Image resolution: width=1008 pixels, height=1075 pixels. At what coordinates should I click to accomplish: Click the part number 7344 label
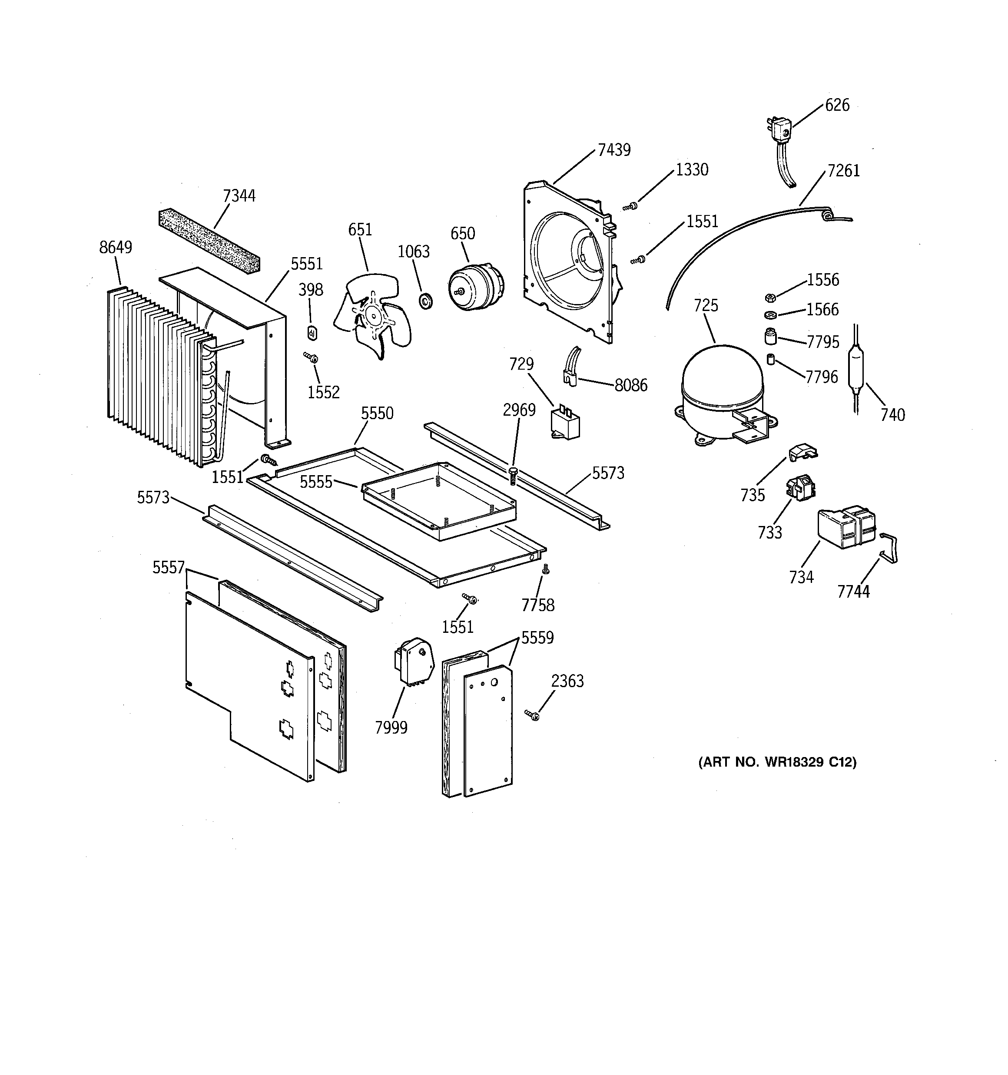[239, 196]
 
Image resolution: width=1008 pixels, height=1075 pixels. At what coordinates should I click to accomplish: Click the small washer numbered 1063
[426, 300]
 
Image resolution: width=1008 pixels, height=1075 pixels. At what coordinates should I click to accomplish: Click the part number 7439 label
[613, 150]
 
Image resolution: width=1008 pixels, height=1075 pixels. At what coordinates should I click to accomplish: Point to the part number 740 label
[892, 415]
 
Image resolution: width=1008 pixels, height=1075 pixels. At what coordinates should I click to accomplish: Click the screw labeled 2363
[532, 715]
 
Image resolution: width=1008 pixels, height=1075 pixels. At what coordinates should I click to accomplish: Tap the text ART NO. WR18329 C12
[777, 762]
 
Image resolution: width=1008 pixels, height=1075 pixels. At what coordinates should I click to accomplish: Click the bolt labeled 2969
[512, 476]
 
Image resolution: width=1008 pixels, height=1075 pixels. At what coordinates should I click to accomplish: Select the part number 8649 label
[115, 247]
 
